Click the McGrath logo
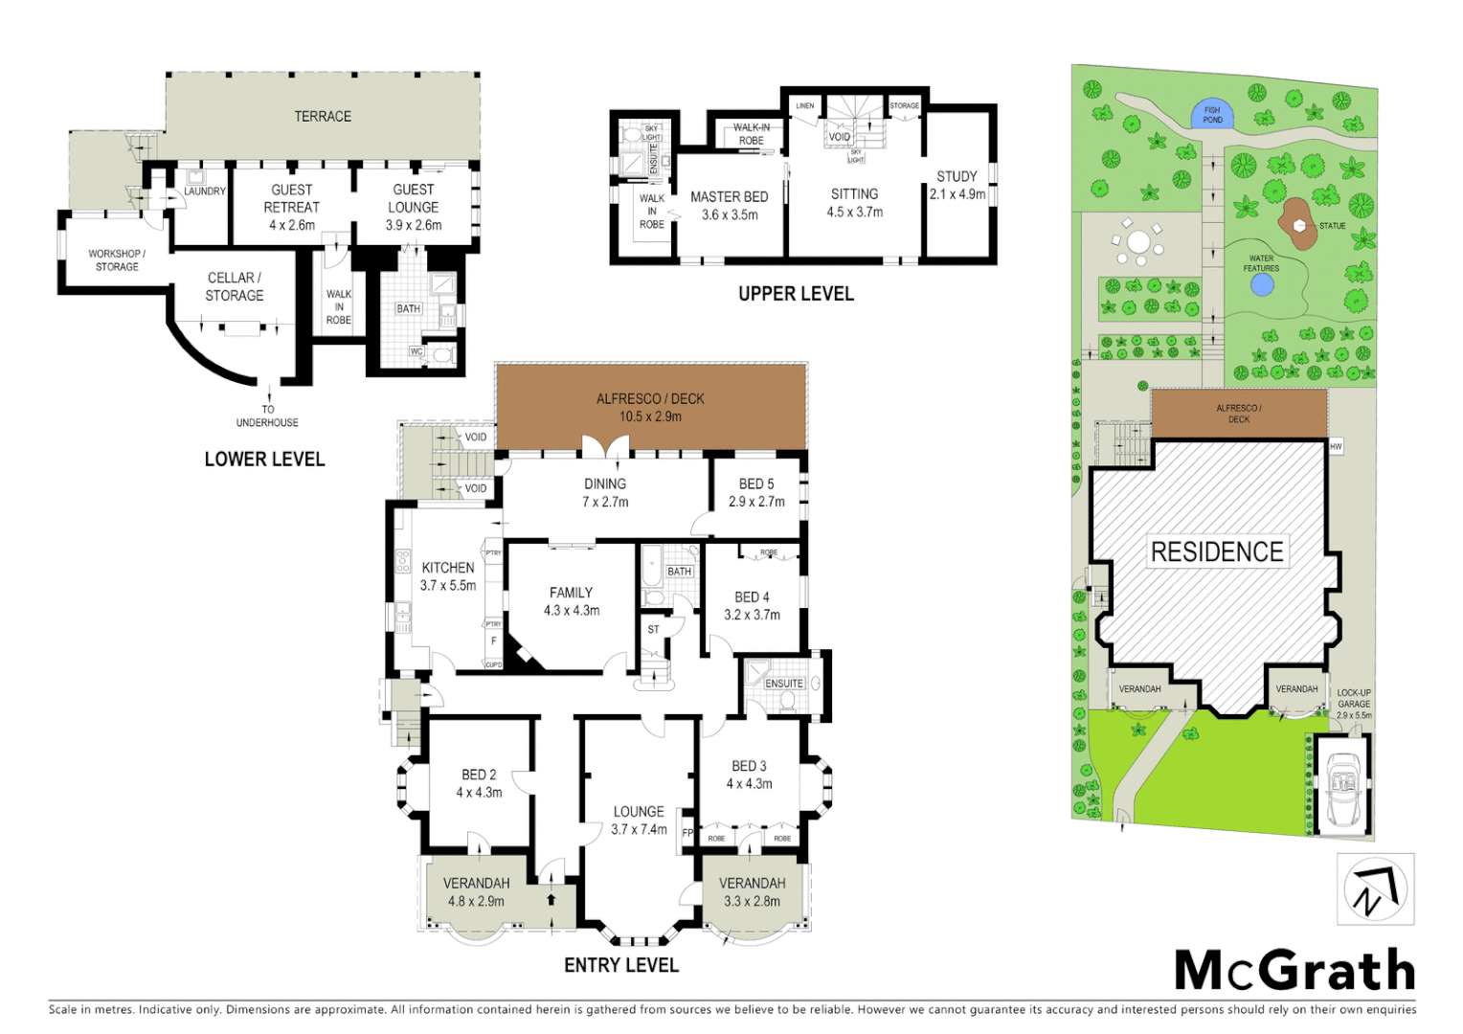coord(1294,971)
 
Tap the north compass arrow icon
coord(1375,889)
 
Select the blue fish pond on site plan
coord(1212,115)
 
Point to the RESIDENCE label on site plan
coord(1216,552)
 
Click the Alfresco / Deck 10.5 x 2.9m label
coord(650,407)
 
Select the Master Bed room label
coord(729,205)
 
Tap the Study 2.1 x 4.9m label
coord(957,185)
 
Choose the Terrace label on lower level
coord(323,116)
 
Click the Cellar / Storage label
coord(235,286)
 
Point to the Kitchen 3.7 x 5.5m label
coord(447,575)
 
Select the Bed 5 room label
coord(755,492)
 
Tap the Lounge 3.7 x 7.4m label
coord(639,820)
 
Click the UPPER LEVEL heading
coord(795,294)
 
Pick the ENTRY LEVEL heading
coord(620,965)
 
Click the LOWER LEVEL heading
coord(264,460)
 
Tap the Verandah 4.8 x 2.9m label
coord(476,891)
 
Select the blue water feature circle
coord(1262,284)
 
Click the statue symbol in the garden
coord(1299,226)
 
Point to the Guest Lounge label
coord(413,207)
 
